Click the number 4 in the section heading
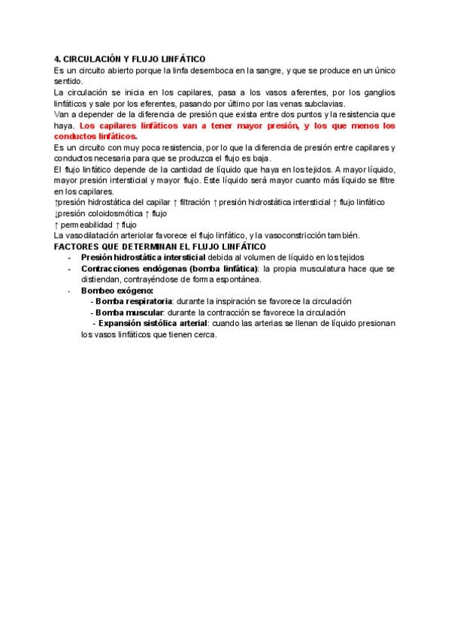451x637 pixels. (57, 59)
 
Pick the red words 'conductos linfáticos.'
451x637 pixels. (95, 137)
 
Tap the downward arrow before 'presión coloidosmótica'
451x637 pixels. (57, 214)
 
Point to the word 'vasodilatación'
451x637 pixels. (93, 236)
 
